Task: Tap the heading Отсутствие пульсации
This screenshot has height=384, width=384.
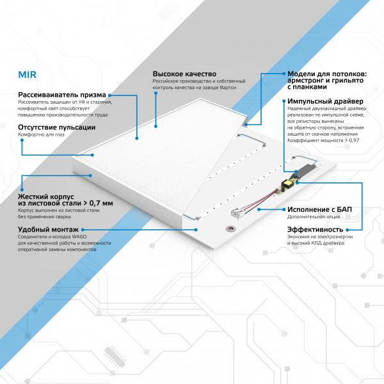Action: (57, 127)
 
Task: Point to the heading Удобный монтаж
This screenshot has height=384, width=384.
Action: (49, 229)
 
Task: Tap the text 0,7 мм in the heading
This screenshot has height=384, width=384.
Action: (99, 203)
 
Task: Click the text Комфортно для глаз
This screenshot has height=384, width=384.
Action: (43, 135)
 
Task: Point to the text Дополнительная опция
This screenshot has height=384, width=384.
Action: (310, 218)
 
